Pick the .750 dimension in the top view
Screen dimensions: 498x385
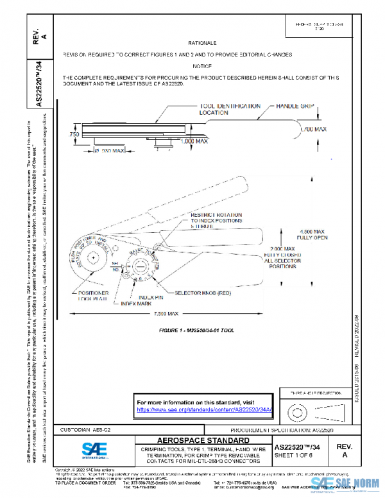74,135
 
